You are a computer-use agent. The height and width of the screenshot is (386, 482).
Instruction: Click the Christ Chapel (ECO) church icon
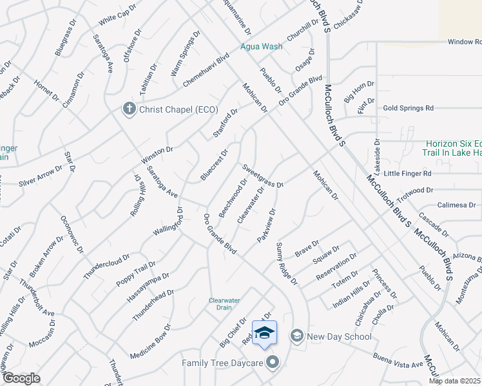(128, 109)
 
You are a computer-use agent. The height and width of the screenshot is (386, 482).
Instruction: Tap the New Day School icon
(296, 336)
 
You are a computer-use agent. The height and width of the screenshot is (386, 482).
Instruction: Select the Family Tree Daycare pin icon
(273, 363)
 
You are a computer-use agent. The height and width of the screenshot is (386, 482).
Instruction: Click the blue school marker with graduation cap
(264, 333)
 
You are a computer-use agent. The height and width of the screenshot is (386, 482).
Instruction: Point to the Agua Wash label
(262, 46)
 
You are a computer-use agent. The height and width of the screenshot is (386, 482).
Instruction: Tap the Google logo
(22, 378)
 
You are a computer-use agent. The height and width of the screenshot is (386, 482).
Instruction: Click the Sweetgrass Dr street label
(263, 176)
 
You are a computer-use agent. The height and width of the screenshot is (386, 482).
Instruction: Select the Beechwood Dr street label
(233, 199)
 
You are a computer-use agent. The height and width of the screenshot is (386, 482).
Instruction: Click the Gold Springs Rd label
(408, 108)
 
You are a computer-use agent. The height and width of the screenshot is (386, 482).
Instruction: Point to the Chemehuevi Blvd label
(206, 68)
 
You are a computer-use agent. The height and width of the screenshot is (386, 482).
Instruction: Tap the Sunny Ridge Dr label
(287, 264)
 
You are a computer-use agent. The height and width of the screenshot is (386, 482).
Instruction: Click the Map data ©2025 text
(455, 381)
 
